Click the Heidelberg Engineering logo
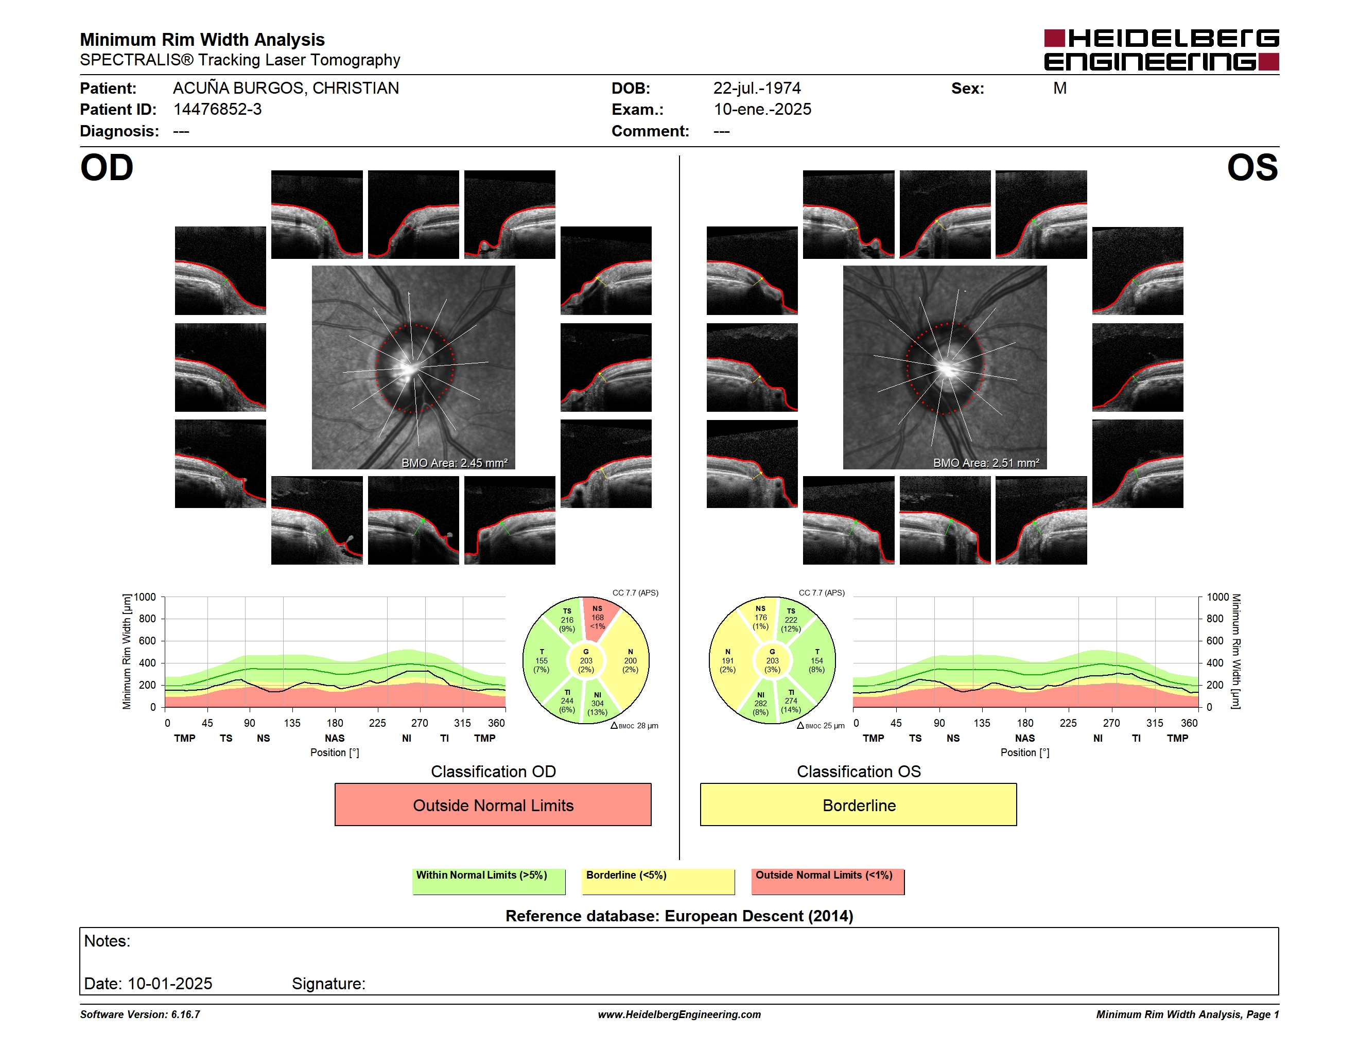(x=1161, y=50)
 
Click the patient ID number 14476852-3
(x=217, y=110)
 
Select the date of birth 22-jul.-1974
(x=757, y=89)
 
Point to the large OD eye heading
(x=107, y=168)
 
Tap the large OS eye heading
(x=1252, y=168)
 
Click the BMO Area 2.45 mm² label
(x=454, y=463)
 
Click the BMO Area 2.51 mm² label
(x=986, y=463)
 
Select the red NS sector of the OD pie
(x=599, y=619)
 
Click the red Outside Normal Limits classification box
(x=493, y=805)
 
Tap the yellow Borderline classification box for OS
(x=859, y=805)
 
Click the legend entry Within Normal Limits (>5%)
(x=489, y=881)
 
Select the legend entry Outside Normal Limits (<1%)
(x=828, y=881)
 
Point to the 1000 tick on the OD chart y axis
(x=144, y=597)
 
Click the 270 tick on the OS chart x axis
(x=1111, y=723)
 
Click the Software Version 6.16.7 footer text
(x=140, y=1014)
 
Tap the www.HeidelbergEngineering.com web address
(x=679, y=1014)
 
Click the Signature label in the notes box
(x=328, y=984)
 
